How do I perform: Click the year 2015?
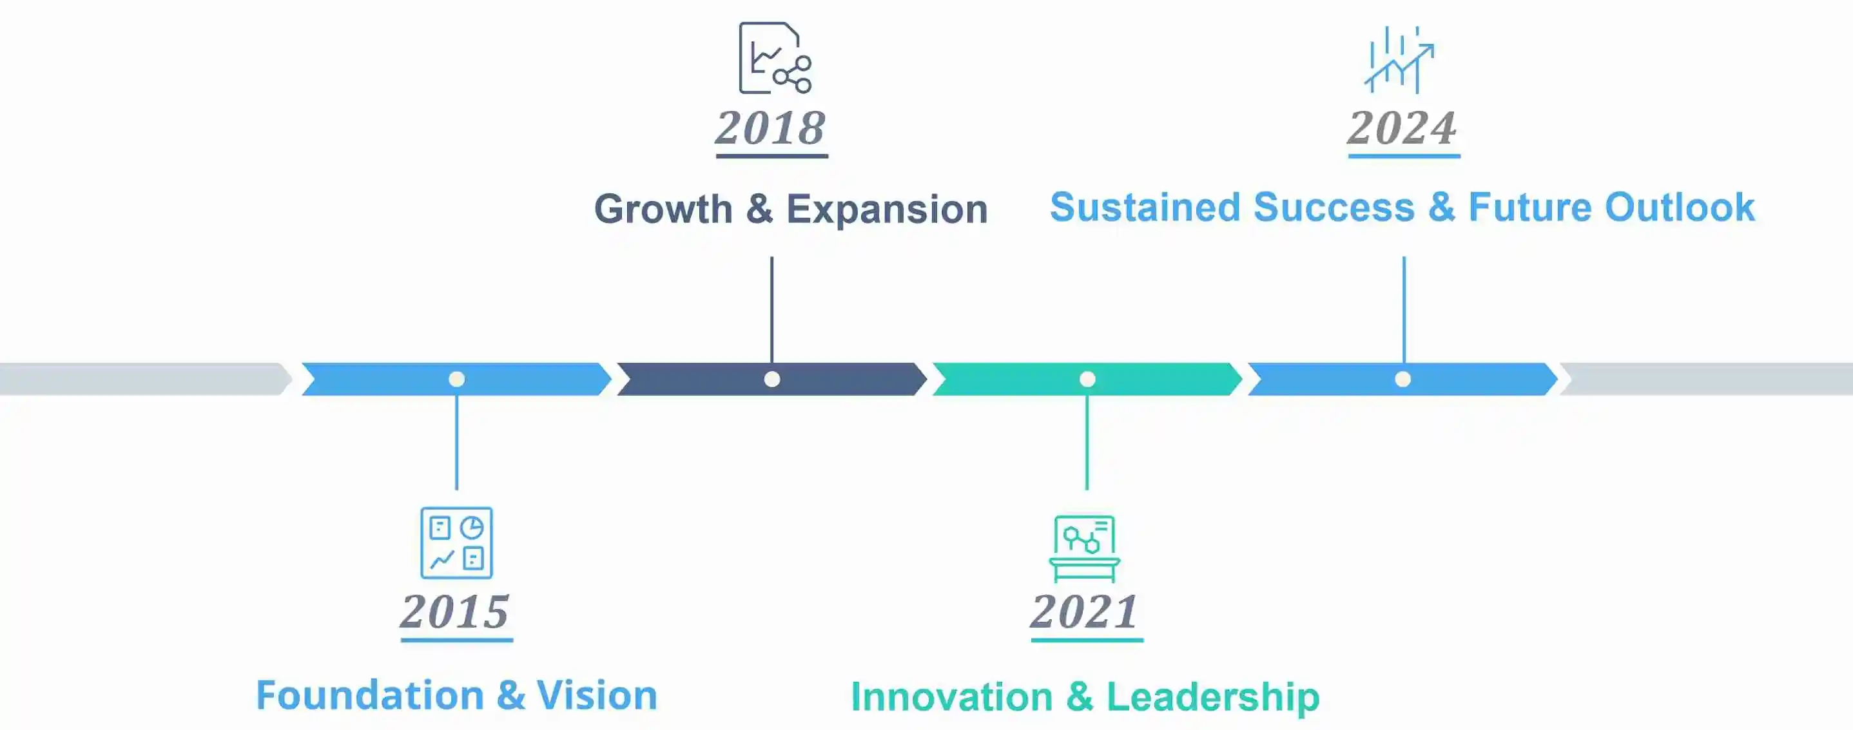[455, 611]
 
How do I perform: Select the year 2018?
[770, 128]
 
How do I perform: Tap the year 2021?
[1085, 611]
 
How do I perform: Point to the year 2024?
[1402, 128]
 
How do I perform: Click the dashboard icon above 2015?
[457, 543]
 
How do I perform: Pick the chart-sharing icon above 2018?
[775, 57]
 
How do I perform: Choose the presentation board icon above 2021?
[1085, 548]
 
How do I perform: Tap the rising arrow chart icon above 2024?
[1400, 60]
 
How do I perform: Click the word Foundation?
[371, 695]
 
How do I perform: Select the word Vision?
[597, 695]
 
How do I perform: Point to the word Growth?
[663, 209]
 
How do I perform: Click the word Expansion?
[887, 210]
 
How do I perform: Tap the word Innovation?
[952, 697]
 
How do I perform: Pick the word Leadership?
[1213, 697]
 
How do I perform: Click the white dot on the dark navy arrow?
[772, 379]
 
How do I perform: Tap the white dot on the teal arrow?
[1087, 379]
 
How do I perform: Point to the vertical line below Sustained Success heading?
[1403, 310]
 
